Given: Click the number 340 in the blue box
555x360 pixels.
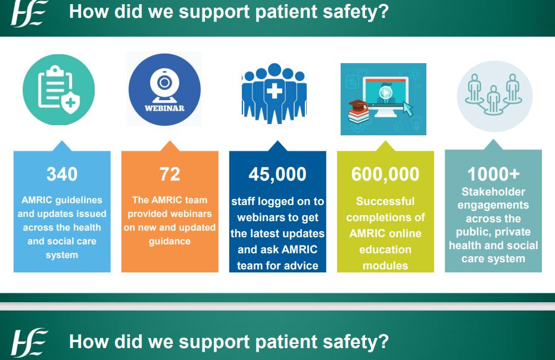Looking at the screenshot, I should [x=62, y=174].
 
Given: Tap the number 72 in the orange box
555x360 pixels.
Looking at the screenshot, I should [x=170, y=174].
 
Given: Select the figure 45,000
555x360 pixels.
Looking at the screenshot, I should [x=277, y=174].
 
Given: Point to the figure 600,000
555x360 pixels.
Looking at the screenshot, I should [x=385, y=174].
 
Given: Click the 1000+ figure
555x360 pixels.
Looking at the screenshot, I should [x=493, y=174].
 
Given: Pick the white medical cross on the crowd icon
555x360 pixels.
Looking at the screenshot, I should [x=275, y=91].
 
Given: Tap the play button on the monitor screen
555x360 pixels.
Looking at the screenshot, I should [x=386, y=92].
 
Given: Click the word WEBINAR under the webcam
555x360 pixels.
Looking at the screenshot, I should [x=164, y=108].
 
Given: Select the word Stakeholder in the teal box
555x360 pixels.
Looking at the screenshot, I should [x=493, y=192].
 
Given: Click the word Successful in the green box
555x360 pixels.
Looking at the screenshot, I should [x=385, y=201].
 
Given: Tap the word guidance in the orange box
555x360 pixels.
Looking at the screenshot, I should [x=170, y=241].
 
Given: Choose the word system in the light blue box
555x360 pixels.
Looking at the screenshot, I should [x=62, y=255].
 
